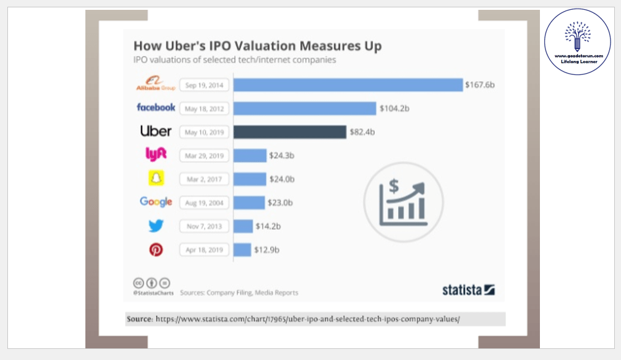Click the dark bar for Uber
pyautogui.click(x=289, y=131)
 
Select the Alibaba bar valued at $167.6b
pyautogui.click(x=348, y=85)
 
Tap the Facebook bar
pyautogui.click(x=304, y=108)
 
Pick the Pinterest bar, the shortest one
pyautogui.click(x=242, y=249)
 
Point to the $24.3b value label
pyautogui.click(x=282, y=155)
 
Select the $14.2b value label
pyautogui.click(x=268, y=226)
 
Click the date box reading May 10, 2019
pyautogui.click(x=205, y=131)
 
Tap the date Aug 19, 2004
pyautogui.click(x=205, y=202)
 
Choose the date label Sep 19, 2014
pyautogui.click(x=205, y=85)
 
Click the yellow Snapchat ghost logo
pyautogui.click(x=156, y=178)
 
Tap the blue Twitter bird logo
pyautogui.click(x=156, y=225)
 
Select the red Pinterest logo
pyautogui.click(x=156, y=249)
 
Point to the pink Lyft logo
pyautogui.click(x=156, y=155)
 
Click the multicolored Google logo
pyautogui.click(x=156, y=202)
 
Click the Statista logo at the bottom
pyautogui.click(x=468, y=289)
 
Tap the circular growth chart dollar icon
pyautogui.click(x=404, y=199)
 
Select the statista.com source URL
pyautogui.click(x=307, y=319)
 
